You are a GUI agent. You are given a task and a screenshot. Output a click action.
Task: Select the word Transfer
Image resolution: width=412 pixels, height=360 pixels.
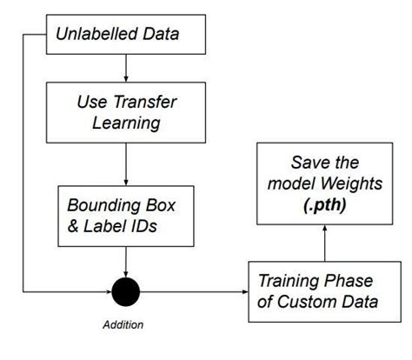143,101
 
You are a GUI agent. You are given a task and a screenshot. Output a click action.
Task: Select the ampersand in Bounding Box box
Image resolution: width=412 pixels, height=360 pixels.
74,228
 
